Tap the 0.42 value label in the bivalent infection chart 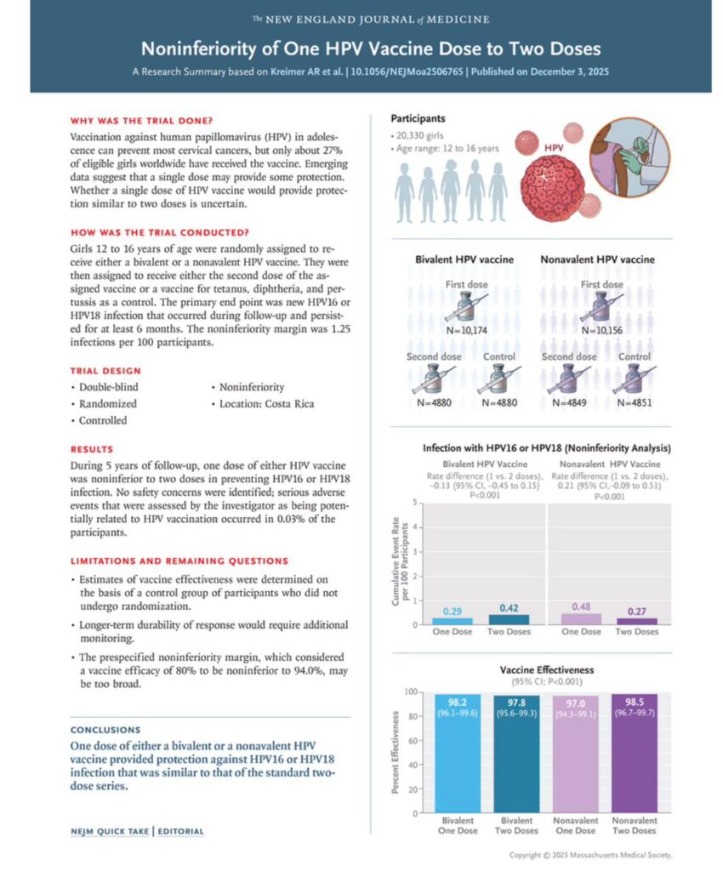point(510,607)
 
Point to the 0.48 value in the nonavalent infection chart point(583,606)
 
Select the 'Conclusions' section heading point(105,729)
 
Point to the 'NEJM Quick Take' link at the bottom point(108,831)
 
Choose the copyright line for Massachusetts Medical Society point(590,855)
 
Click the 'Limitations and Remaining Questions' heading point(179,561)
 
